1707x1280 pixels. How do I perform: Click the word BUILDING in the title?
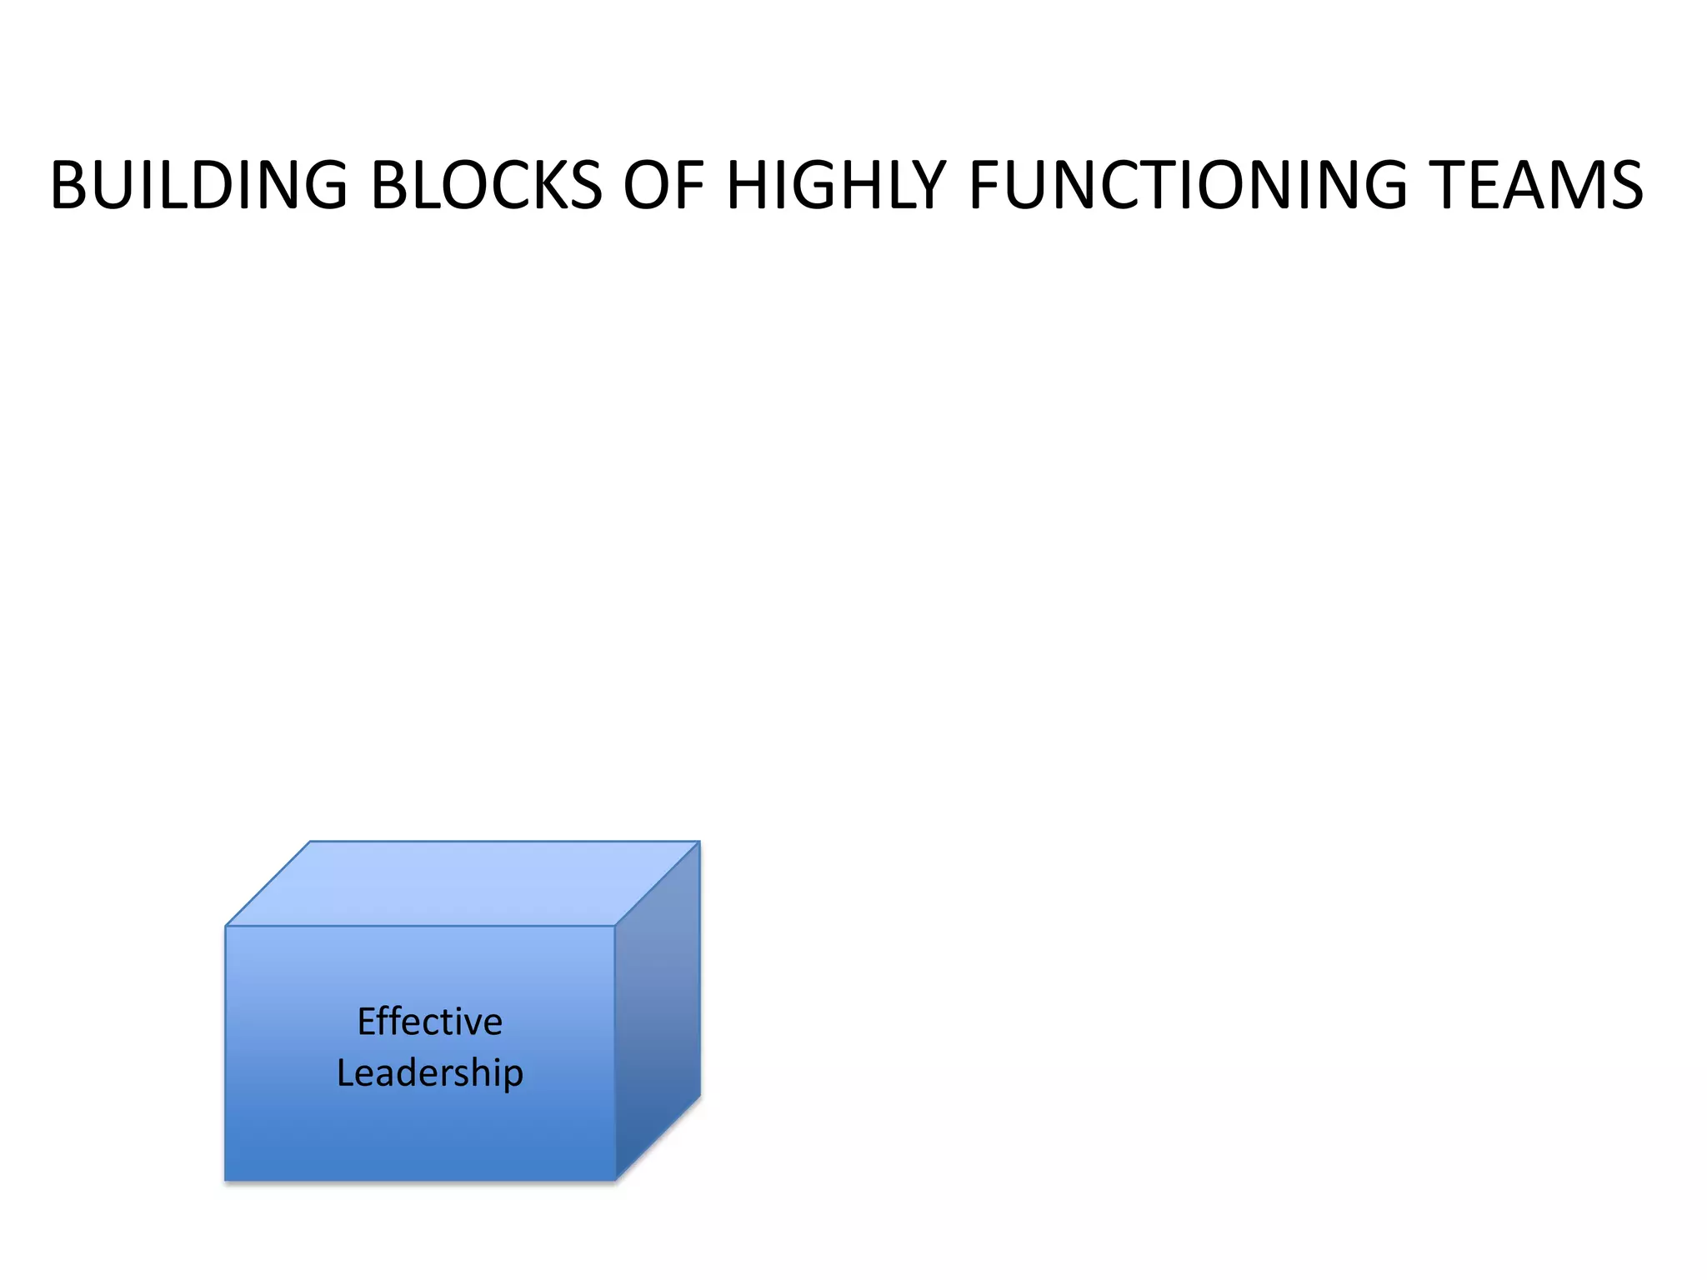click(x=198, y=185)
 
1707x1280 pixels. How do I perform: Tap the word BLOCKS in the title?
click(x=486, y=185)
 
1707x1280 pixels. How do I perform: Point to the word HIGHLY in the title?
click(x=836, y=185)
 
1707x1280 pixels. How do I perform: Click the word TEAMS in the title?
click(x=1536, y=185)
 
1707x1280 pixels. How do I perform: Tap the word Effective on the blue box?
click(x=429, y=1022)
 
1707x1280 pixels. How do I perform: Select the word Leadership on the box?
click(x=429, y=1072)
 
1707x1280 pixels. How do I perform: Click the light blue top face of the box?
click(x=463, y=883)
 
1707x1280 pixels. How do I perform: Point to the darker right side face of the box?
click(x=658, y=1008)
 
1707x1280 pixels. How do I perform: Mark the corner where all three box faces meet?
click(x=615, y=926)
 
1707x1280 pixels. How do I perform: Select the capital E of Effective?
click(x=365, y=1022)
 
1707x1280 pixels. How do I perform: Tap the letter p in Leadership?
click(x=513, y=1075)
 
